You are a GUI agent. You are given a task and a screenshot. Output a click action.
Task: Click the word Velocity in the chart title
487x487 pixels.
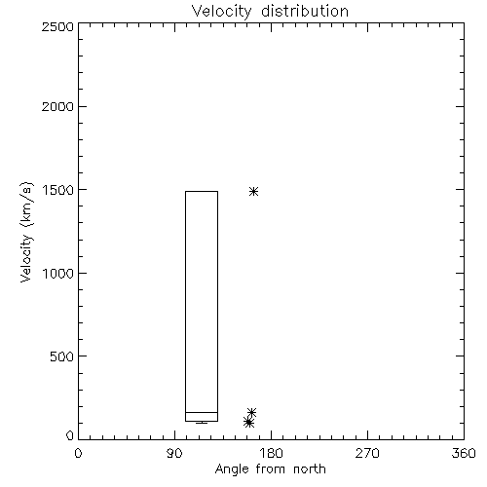tap(222, 12)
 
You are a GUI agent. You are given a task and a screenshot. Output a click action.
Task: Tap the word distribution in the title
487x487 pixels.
tap(305, 11)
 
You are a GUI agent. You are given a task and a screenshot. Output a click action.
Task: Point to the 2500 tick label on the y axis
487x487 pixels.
tap(57, 26)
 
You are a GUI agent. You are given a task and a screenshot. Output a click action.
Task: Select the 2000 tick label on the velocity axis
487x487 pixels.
tap(57, 106)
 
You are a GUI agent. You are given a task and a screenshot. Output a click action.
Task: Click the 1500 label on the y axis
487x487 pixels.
tap(58, 190)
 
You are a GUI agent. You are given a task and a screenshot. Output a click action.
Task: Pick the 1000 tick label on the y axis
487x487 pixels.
tap(58, 273)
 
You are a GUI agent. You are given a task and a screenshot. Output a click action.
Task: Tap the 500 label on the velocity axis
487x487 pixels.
tap(61, 356)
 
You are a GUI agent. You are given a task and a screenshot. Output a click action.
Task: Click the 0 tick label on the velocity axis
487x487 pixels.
tap(70, 435)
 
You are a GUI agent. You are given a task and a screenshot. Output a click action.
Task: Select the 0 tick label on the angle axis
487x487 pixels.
tap(78, 453)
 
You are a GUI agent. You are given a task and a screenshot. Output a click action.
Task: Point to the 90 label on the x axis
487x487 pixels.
tap(174, 453)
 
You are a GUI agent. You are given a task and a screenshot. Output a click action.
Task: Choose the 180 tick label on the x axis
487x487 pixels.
tap(271, 453)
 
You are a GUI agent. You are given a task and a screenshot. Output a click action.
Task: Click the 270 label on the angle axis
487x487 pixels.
tap(367, 453)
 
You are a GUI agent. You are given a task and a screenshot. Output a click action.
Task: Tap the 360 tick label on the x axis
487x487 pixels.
tap(464, 453)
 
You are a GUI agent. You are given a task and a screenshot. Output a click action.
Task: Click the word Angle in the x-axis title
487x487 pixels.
tap(232, 469)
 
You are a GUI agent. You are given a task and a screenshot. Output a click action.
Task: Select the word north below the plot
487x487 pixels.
tap(310, 469)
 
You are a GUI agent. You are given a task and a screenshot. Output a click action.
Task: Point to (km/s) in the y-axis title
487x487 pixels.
tap(26, 204)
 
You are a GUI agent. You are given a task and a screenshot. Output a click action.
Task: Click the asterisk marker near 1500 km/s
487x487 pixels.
tap(254, 191)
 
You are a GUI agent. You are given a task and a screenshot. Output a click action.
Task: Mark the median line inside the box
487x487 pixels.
tap(202, 412)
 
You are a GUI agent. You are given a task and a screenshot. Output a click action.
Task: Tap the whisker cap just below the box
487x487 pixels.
tap(202, 423)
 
